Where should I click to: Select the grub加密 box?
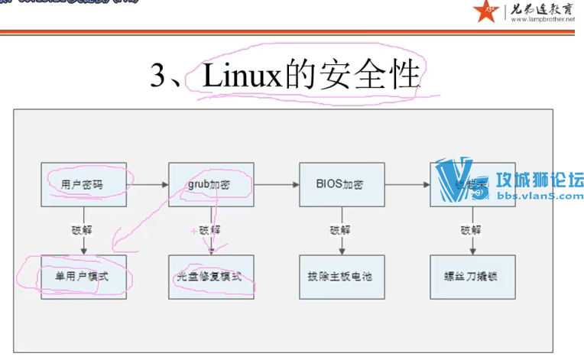pyautogui.click(x=208, y=184)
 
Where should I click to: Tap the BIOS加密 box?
pyautogui.click(x=339, y=184)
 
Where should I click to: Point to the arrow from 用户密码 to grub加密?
pyautogui.click(x=146, y=184)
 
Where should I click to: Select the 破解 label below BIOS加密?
pyautogui.click(x=339, y=230)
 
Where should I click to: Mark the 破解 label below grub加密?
pyautogui.click(x=209, y=230)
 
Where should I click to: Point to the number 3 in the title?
pyautogui.click(x=158, y=76)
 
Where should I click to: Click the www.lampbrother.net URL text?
pyautogui.click(x=539, y=20)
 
